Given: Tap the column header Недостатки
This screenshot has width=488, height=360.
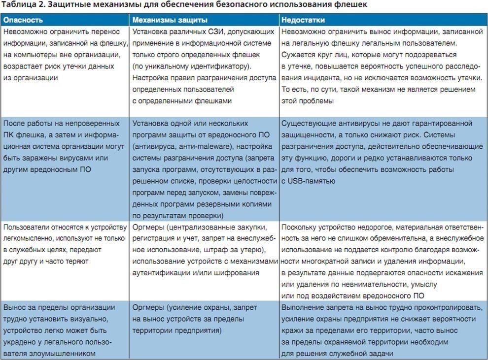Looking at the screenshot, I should coord(303,20).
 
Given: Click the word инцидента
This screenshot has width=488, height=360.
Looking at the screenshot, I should coord(321,78).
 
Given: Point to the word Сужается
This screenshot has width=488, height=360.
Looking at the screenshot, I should coord(298,55).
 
